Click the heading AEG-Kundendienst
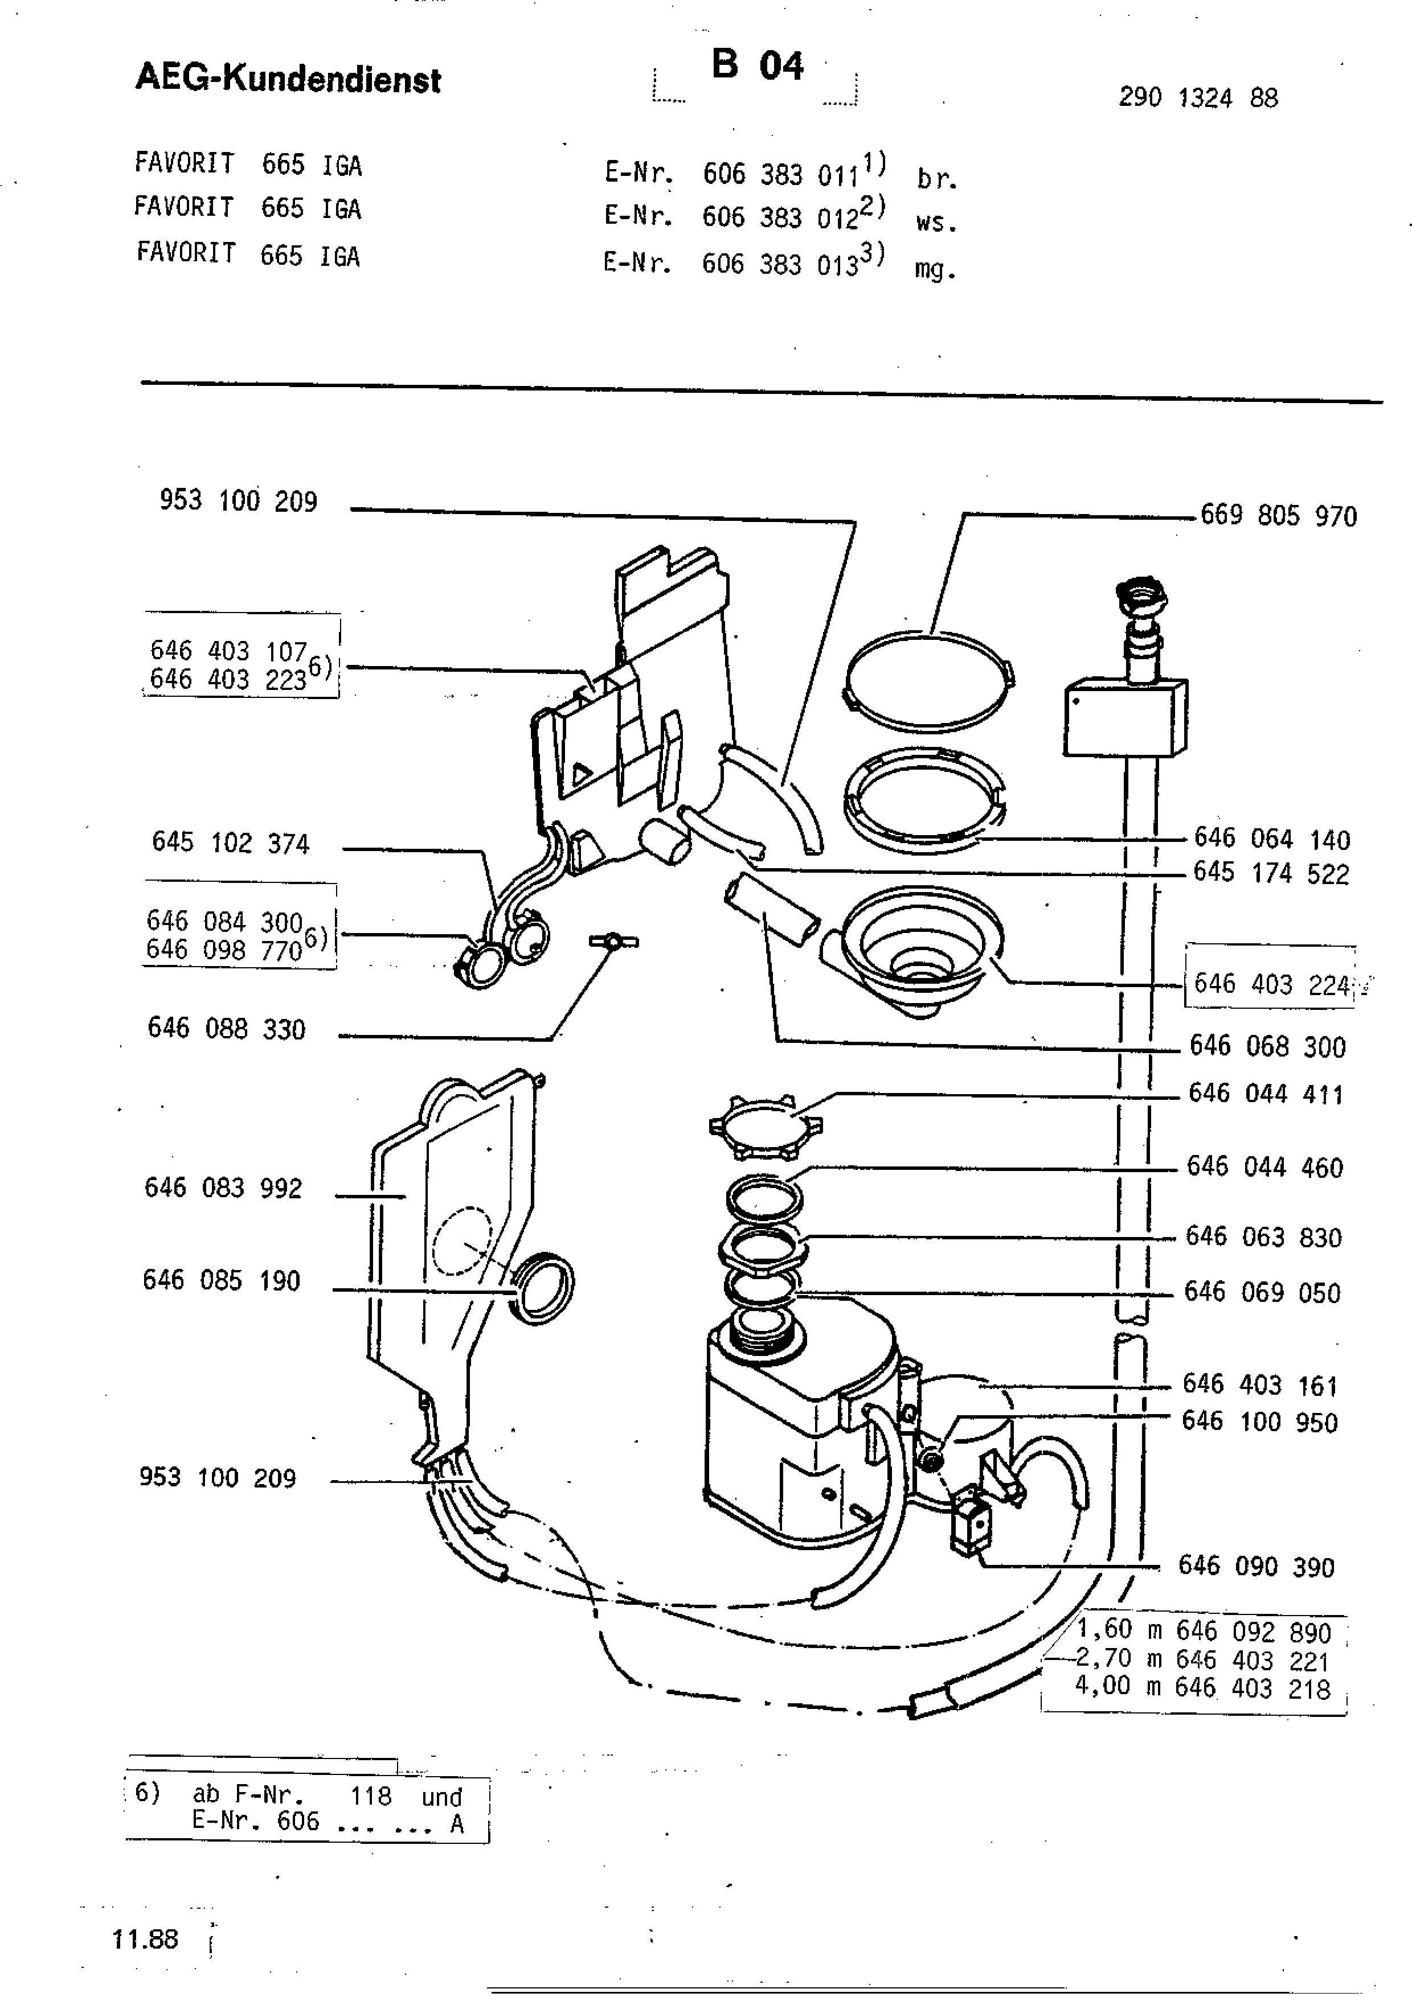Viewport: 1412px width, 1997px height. tap(288, 79)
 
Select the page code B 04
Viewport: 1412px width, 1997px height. tap(757, 65)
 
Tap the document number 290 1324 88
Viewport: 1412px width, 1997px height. tap(1198, 97)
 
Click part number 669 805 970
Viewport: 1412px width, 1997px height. tap(1278, 516)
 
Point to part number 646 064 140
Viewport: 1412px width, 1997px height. tap(1272, 839)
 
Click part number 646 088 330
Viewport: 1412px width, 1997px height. tap(226, 1028)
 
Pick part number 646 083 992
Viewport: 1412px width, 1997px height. tap(223, 1187)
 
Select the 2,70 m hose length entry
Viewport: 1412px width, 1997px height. tap(1202, 1659)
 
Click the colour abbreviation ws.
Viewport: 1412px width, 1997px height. tap(936, 223)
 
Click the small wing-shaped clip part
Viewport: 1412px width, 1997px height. tap(613, 941)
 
